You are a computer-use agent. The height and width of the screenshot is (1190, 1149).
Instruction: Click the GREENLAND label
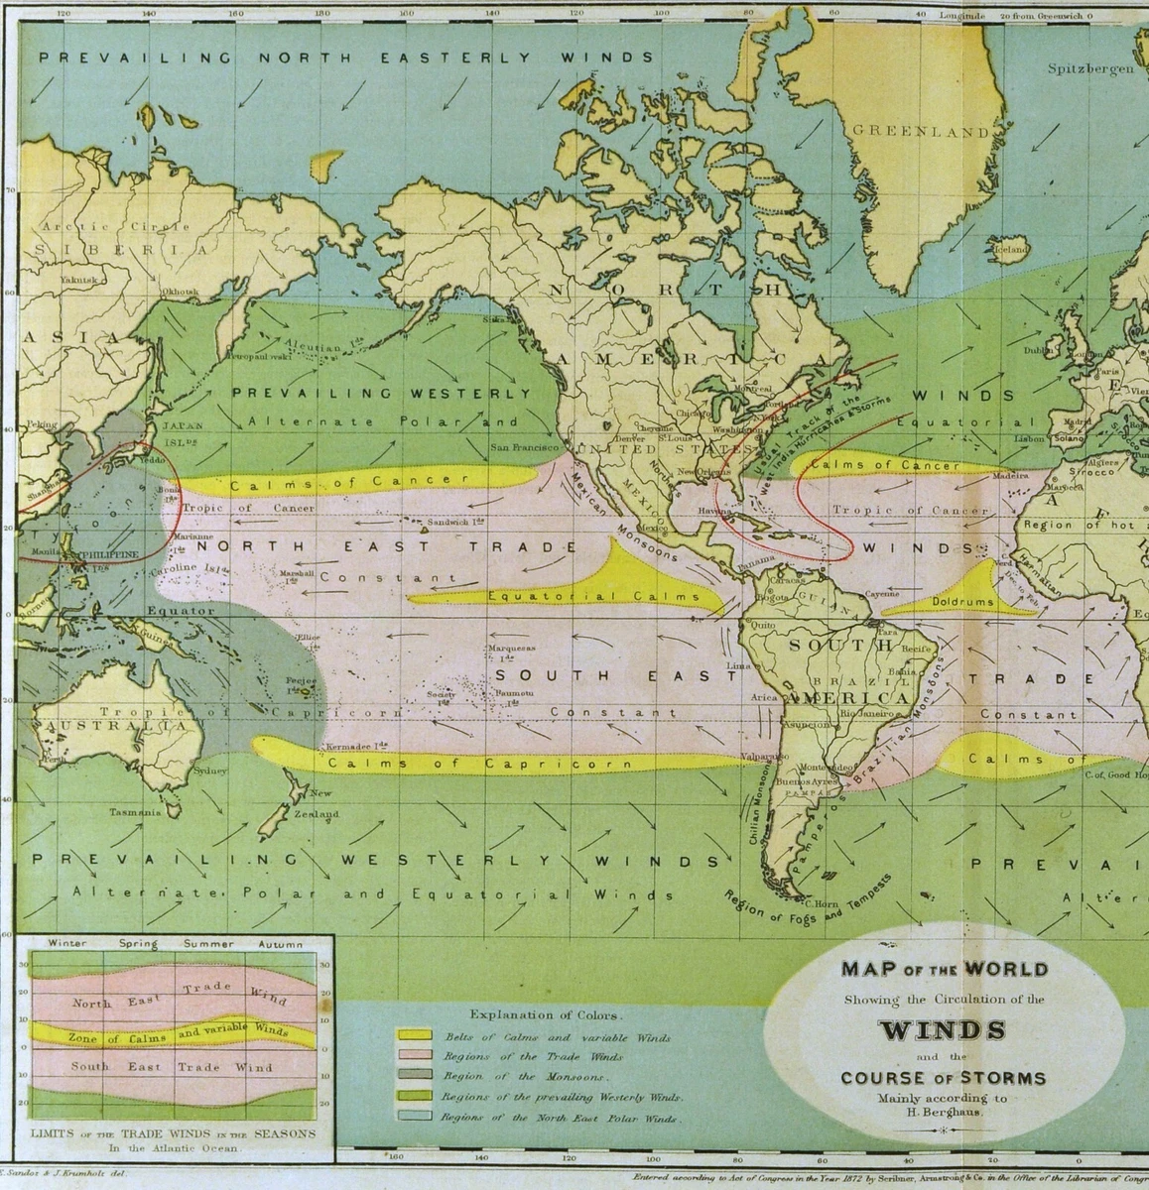[921, 131]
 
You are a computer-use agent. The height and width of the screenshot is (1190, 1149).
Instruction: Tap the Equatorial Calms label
[592, 597]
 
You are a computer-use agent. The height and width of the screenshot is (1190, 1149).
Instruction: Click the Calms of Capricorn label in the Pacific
[479, 764]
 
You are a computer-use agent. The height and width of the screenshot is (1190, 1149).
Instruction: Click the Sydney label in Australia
[211, 771]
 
